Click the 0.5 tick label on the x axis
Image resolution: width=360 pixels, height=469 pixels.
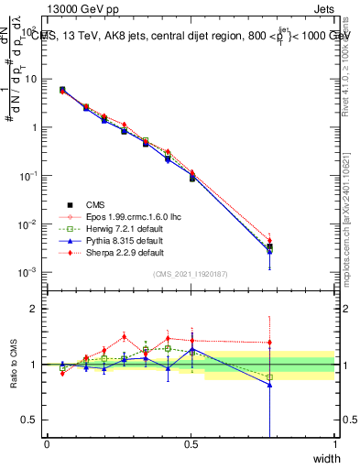coord(191,444)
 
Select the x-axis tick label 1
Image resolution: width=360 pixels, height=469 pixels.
coord(334,444)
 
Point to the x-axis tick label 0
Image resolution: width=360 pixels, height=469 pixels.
coord(47,444)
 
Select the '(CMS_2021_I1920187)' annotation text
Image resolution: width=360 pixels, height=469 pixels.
coord(191,275)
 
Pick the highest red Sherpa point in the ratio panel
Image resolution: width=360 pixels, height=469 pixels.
coord(125,336)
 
